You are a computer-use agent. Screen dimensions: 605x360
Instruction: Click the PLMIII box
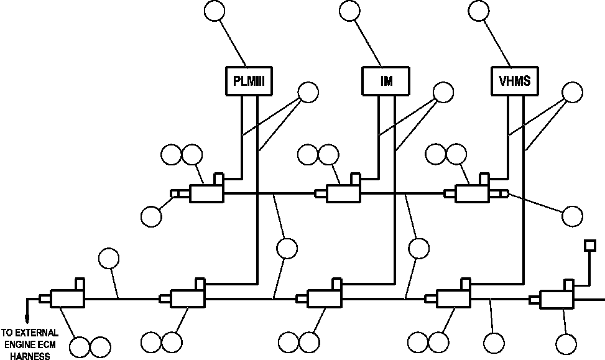249,81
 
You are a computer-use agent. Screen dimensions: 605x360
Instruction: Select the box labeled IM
386,81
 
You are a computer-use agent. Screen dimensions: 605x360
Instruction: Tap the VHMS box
515,81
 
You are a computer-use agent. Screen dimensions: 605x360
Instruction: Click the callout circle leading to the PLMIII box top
214,11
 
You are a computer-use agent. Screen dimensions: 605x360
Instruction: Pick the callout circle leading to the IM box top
349,11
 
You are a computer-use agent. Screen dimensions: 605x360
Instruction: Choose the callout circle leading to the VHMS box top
479,11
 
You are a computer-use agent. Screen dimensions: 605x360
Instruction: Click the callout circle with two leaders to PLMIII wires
308,92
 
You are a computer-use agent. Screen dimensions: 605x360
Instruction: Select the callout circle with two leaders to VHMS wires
572,92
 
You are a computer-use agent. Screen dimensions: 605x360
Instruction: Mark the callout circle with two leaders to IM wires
443,92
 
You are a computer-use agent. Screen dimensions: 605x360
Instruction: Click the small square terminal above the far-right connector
590,246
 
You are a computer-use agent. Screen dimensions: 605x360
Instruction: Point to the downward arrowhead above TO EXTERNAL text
27,319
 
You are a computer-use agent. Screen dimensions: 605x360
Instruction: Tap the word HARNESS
30,356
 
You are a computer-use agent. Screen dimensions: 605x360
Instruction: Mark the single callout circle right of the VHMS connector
572,216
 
